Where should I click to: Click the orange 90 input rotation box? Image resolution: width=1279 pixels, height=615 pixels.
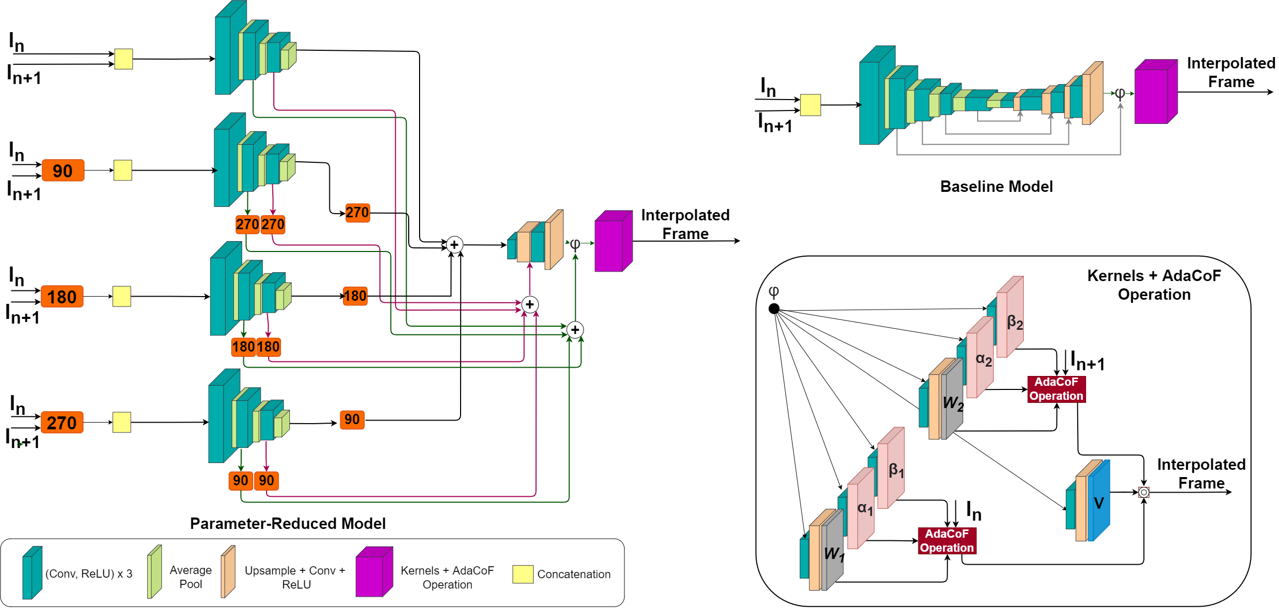tap(63, 171)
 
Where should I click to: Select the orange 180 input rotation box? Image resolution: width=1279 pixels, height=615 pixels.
tap(62, 297)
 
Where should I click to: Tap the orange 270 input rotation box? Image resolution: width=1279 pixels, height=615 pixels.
tap(62, 423)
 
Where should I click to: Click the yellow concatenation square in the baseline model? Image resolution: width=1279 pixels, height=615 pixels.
tap(810, 105)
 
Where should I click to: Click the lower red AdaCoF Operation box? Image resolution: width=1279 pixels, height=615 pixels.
tap(947, 541)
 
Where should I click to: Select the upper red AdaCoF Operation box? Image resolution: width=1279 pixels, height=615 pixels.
tap(1056, 389)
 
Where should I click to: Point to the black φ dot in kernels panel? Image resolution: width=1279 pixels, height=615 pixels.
tap(774, 309)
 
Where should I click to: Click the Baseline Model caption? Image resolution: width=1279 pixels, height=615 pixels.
tap(996, 187)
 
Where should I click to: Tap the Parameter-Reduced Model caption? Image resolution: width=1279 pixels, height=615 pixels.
tap(288, 523)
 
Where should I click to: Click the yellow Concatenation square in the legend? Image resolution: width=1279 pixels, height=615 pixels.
tap(522, 574)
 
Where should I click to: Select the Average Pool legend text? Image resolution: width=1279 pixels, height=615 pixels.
tap(190, 577)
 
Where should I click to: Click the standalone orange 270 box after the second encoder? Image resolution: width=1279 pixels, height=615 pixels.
tap(357, 213)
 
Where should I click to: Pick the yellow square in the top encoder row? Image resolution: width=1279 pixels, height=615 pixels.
tap(123, 59)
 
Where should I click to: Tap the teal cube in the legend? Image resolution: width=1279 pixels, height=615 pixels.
tap(32, 574)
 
